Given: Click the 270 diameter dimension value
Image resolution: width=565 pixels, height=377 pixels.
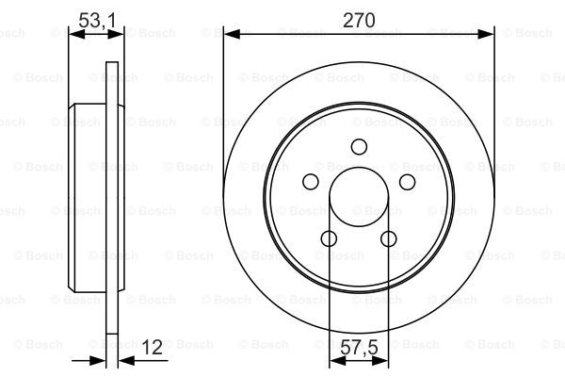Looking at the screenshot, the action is [359, 20].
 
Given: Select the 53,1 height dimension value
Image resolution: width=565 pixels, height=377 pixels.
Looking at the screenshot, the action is [97, 20].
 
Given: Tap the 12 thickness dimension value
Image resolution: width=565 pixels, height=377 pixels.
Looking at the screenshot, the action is [152, 347].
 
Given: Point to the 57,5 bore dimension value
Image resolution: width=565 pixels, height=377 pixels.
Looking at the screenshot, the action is [360, 348].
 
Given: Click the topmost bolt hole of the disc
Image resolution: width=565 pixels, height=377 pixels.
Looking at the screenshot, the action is [359, 147].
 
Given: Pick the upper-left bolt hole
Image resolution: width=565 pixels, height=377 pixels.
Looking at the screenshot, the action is [311, 182].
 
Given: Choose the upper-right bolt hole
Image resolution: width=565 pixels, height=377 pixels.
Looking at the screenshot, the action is [408, 182].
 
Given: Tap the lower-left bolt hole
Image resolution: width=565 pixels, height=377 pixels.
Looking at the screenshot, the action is [329, 238].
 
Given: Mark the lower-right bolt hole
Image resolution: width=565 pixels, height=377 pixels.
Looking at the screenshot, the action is [389, 238].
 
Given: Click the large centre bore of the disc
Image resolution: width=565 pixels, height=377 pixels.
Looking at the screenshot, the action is [359, 197].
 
